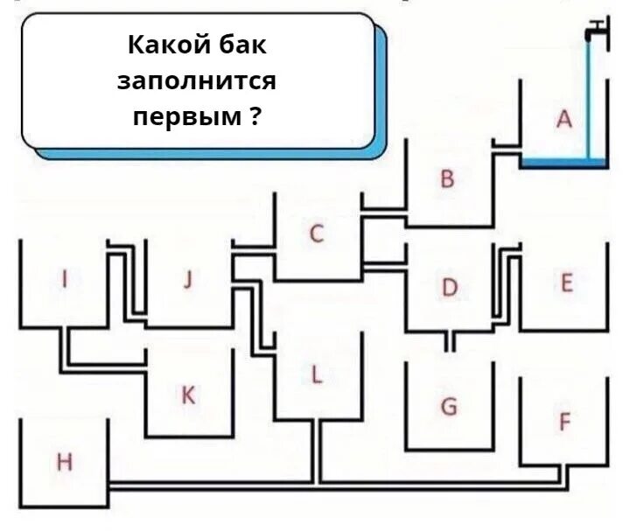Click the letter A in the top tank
[564, 120]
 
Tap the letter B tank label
[447, 180]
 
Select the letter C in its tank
[317, 234]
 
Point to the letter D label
[449, 287]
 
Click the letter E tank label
[566, 283]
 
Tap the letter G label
[448, 407]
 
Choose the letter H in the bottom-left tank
[64, 462]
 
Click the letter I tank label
[64, 279]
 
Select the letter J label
[187, 280]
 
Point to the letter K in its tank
[187, 396]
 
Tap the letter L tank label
[317, 375]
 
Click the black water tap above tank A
[595, 31]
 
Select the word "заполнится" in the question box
[197, 80]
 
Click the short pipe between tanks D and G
[449, 342]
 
